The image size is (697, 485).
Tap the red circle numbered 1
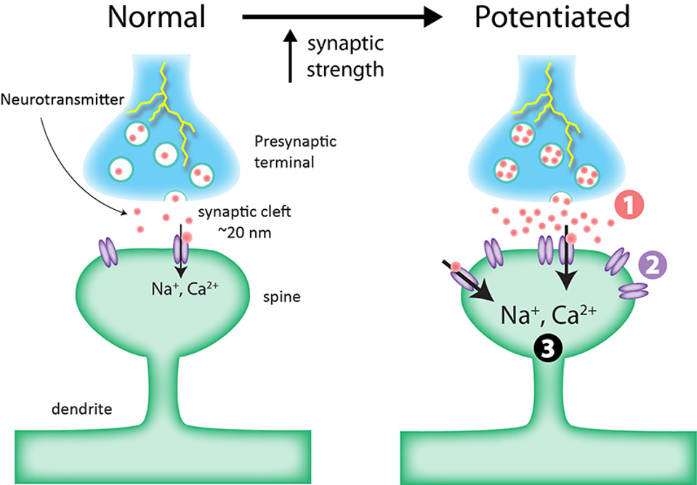pyautogui.click(x=629, y=206)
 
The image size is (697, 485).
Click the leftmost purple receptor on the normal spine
pyautogui.click(x=108, y=252)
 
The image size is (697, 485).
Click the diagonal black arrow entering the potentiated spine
pyautogui.click(x=470, y=285)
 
